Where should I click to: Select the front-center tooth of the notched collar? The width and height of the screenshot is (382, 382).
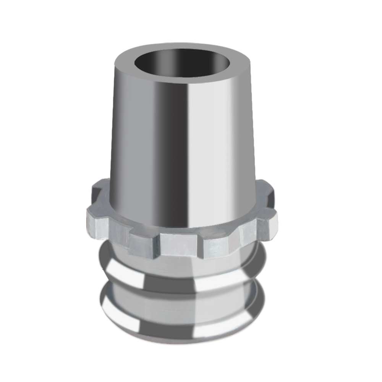coord(178,244)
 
